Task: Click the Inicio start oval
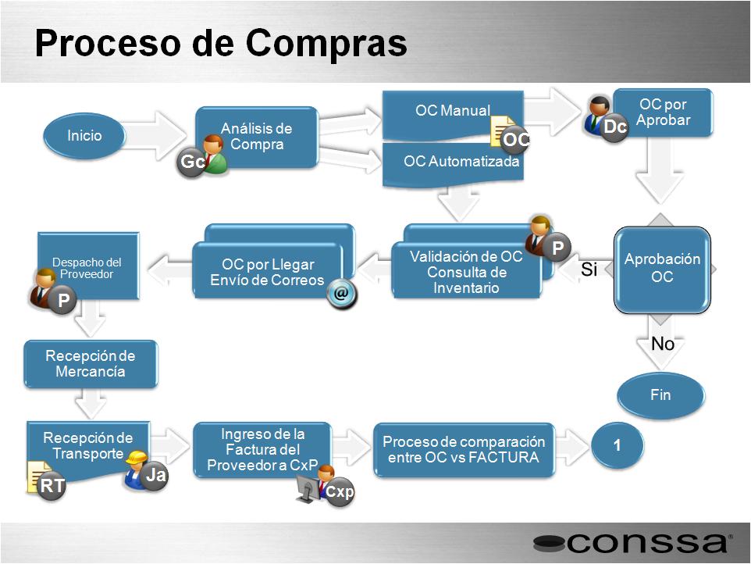(x=84, y=136)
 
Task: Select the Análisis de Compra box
(x=257, y=137)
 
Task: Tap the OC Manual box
(x=453, y=116)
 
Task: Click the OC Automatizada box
(x=453, y=164)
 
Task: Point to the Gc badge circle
(x=191, y=162)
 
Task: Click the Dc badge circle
(x=615, y=127)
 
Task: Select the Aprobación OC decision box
(x=662, y=270)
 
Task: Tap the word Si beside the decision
(x=589, y=270)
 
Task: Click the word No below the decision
(x=663, y=344)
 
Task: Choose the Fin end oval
(x=660, y=394)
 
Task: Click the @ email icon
(x=341, y=293)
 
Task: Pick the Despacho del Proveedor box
(x=88, y=266)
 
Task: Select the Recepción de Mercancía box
(x=91, y=364)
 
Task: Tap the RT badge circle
(x=52, y=486)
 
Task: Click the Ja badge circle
(x=155, y=476)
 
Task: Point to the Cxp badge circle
(x=340, y=491)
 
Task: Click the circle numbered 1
(x=618, y=445)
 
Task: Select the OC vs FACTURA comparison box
(x=464, y=449)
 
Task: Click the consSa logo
(x=633, y=544)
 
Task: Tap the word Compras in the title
(x=326, y=43)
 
